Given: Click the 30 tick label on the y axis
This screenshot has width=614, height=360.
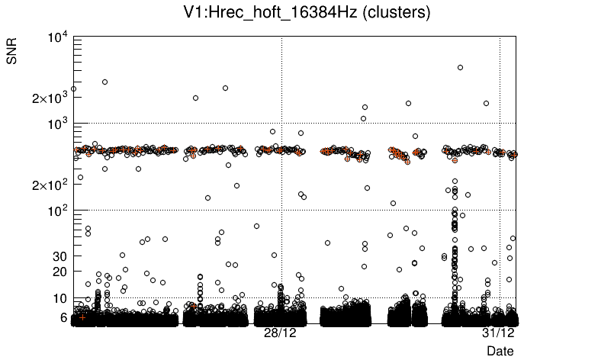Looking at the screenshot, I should click(x=60, y=256).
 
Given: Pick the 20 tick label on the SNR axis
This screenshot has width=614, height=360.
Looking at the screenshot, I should click(x=60, y=272).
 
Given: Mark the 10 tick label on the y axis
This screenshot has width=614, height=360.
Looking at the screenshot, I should click(x=60, y=298).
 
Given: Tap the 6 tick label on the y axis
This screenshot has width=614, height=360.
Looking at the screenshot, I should click(x=63, y=317).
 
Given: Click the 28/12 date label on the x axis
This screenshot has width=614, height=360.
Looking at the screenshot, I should click(x=280, y=333).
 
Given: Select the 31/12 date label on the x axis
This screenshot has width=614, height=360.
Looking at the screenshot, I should click(x=498, y=333).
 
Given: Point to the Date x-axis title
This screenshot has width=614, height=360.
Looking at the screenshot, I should click(x=500, y=351).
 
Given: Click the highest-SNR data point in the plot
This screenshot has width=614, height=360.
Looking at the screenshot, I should click(x=460, y=67).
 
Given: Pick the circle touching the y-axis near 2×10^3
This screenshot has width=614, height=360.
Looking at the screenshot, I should click(x=73, y=88).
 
